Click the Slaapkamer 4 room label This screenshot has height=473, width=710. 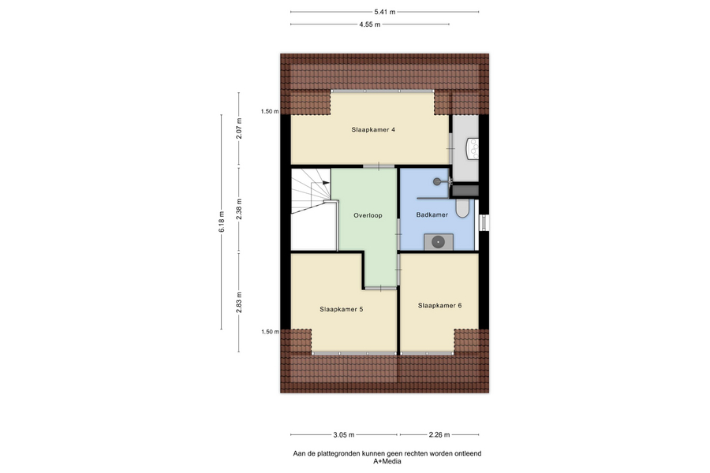373,129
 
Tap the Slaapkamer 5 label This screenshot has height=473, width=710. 341,309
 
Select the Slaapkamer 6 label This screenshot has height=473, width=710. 439,306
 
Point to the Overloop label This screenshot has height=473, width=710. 368,215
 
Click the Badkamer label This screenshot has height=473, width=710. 432,214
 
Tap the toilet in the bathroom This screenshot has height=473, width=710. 462,208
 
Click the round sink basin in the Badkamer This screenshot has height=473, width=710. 438,242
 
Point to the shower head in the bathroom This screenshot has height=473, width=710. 437,181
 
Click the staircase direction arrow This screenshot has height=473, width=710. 325,182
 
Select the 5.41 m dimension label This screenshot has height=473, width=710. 384,13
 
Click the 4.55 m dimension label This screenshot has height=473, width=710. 369,24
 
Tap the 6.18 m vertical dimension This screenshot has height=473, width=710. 222,222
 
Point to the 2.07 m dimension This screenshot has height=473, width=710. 239,128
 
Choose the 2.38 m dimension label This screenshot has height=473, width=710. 239,209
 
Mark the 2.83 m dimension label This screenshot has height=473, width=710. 239,302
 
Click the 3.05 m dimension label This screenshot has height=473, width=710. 344,435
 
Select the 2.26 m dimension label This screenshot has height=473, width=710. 439,435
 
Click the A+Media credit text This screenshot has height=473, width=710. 387,462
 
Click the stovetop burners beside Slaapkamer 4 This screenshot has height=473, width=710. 473,148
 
